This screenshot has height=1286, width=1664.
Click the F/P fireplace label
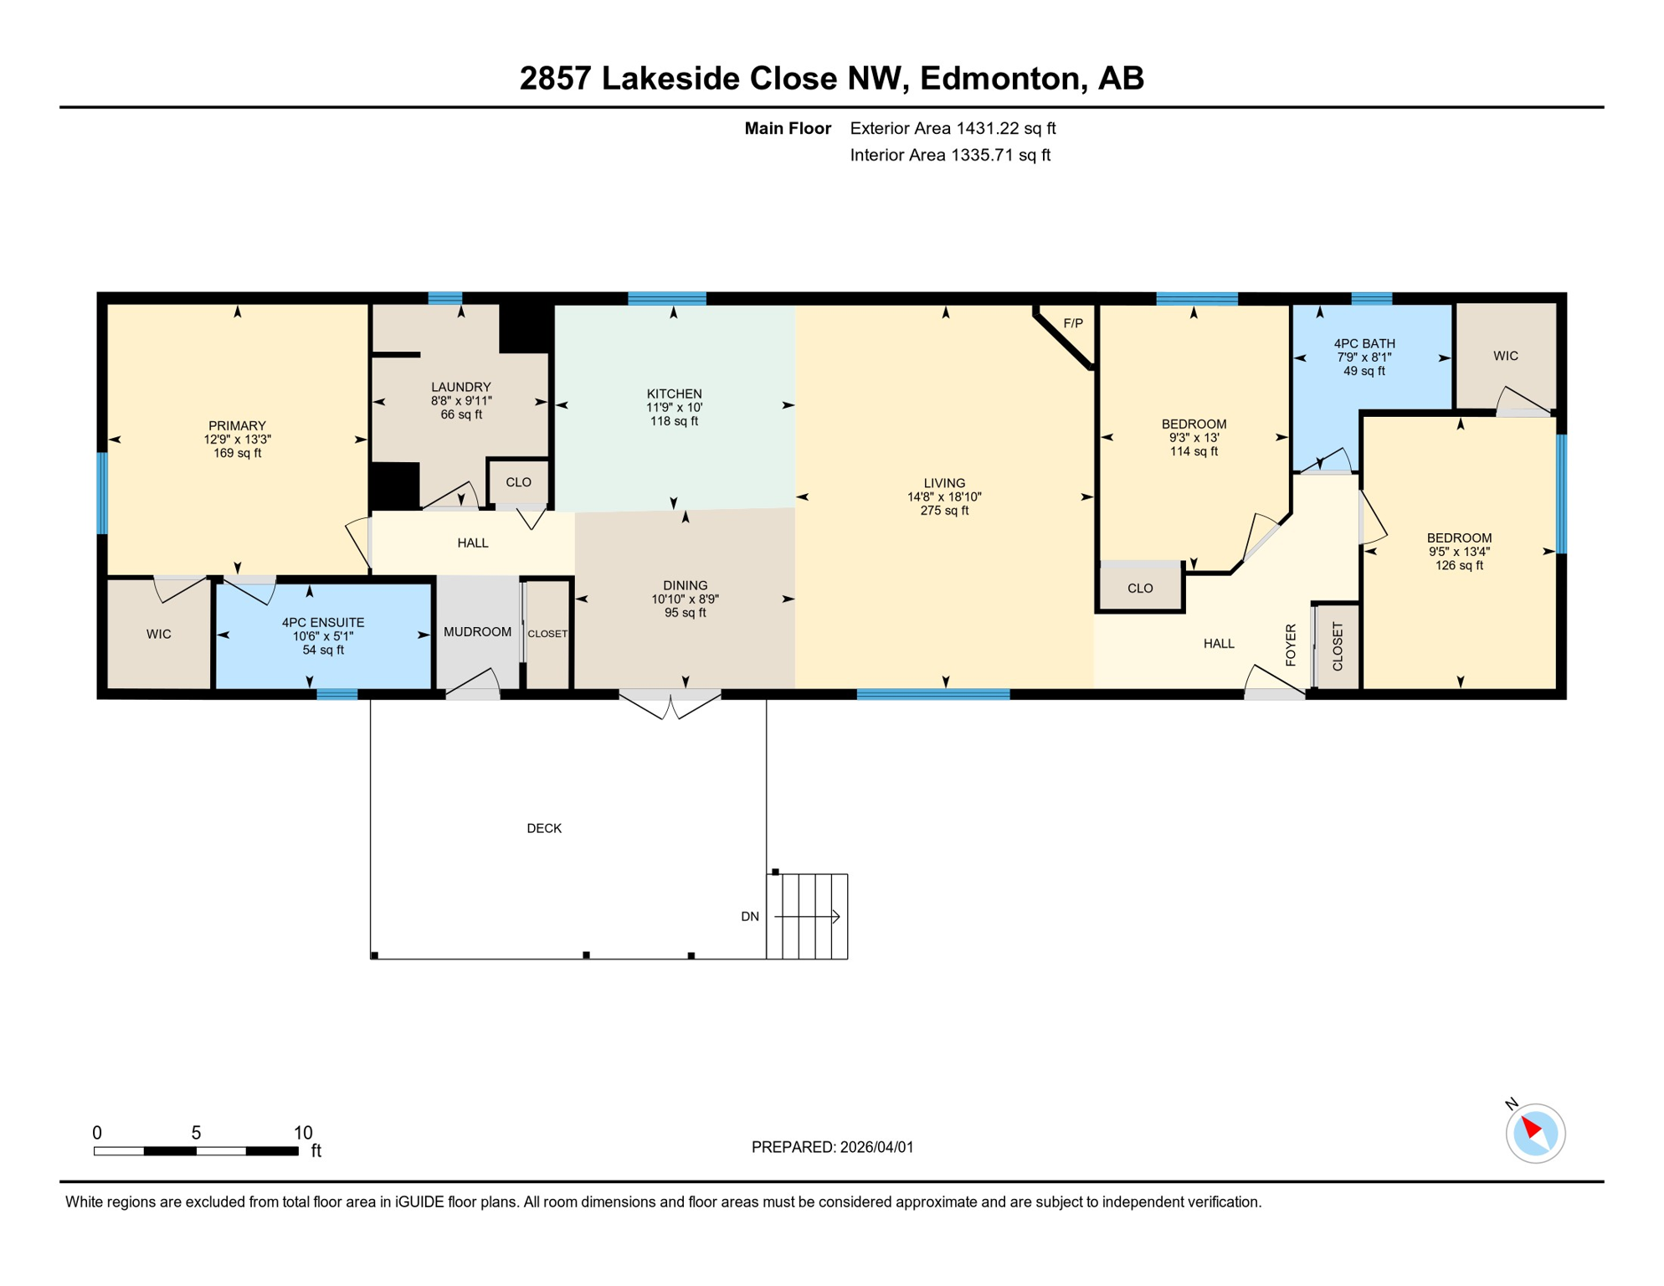click(x=1072, y=323)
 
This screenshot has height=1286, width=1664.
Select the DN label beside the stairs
click(x=749, y=917)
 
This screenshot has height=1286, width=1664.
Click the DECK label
click(x=543, y=828)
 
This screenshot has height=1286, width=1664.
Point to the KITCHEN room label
click(x=674, y=394)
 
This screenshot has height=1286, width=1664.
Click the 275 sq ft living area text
click(x=943, y=511)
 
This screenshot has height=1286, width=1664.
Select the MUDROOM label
click(x=477, y=632)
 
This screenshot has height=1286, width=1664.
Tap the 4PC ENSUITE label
click(x=322, y=623)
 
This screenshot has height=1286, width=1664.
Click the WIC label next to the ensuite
click(x=158, y=635)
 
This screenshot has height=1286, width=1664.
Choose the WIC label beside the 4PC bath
click(x=1505, y=356)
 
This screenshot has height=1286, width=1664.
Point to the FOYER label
click(x=1290, y=645)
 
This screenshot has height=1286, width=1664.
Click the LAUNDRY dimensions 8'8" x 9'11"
click(x=460, y=401)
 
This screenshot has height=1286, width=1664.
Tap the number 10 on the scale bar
click(x=302, y=1133)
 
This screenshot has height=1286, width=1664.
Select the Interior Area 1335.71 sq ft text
click(x=949, y=155)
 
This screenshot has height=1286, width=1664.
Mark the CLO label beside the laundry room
click(x=518, y=482)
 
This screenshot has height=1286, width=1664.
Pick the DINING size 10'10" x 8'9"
click(x=685, y=599)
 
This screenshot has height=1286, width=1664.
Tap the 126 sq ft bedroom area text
click(x=1458, y=565)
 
